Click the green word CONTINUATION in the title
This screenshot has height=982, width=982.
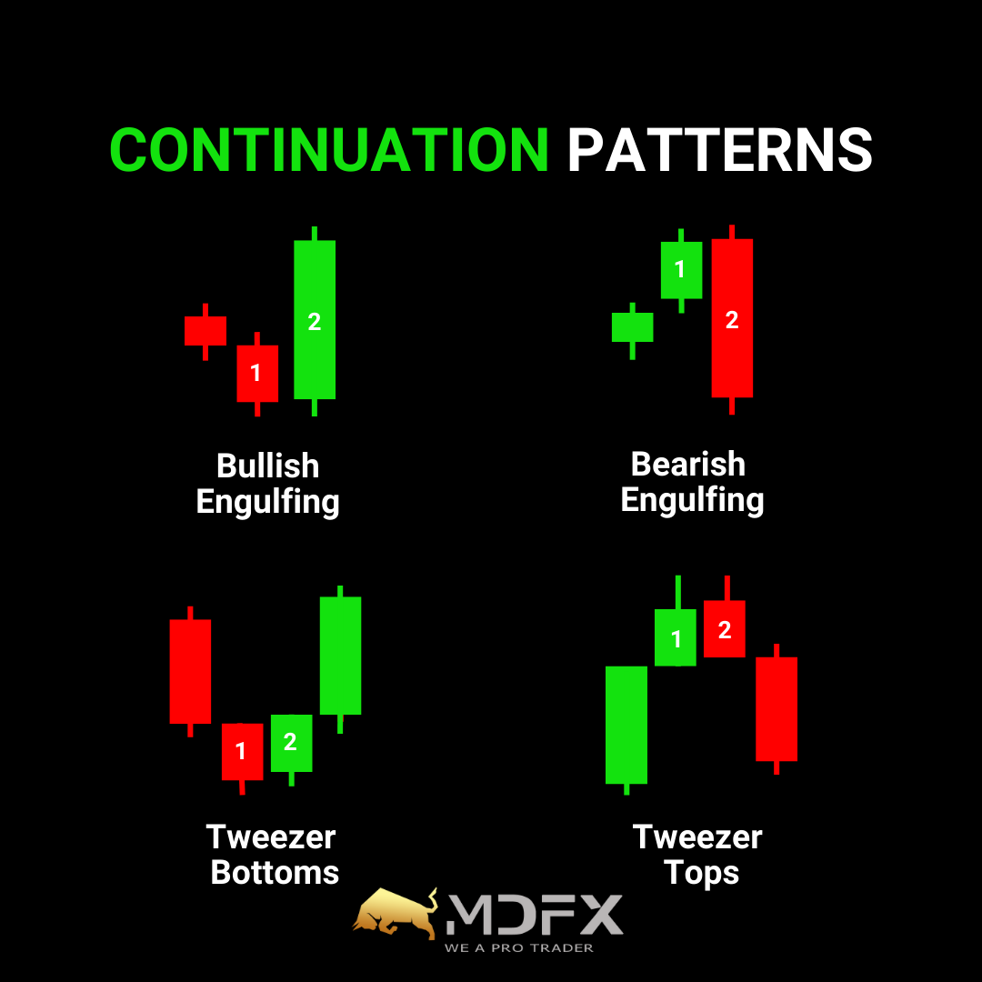coord(329,150)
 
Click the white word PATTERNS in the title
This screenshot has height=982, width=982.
coord(719,150)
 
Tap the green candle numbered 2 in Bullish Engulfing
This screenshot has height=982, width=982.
coord(315,320)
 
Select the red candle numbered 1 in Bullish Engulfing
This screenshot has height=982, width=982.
coord(257,374)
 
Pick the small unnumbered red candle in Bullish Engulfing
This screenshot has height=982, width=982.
coord(205,331)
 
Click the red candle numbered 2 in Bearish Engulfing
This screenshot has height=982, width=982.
coord(732,319)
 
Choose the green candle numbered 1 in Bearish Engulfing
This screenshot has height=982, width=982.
coord(681,271)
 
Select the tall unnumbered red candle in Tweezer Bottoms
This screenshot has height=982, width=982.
coord(190,671)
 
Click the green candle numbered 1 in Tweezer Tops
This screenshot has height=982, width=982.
coord(675,637)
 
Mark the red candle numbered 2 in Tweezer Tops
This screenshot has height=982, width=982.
coord(725,629)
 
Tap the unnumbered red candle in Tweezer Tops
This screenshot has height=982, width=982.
coord(777,709)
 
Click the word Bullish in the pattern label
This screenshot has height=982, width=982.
coord(268,466)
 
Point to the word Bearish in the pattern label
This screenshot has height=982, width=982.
coord(688,464)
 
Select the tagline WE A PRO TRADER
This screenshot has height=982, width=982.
coord(519,948)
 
